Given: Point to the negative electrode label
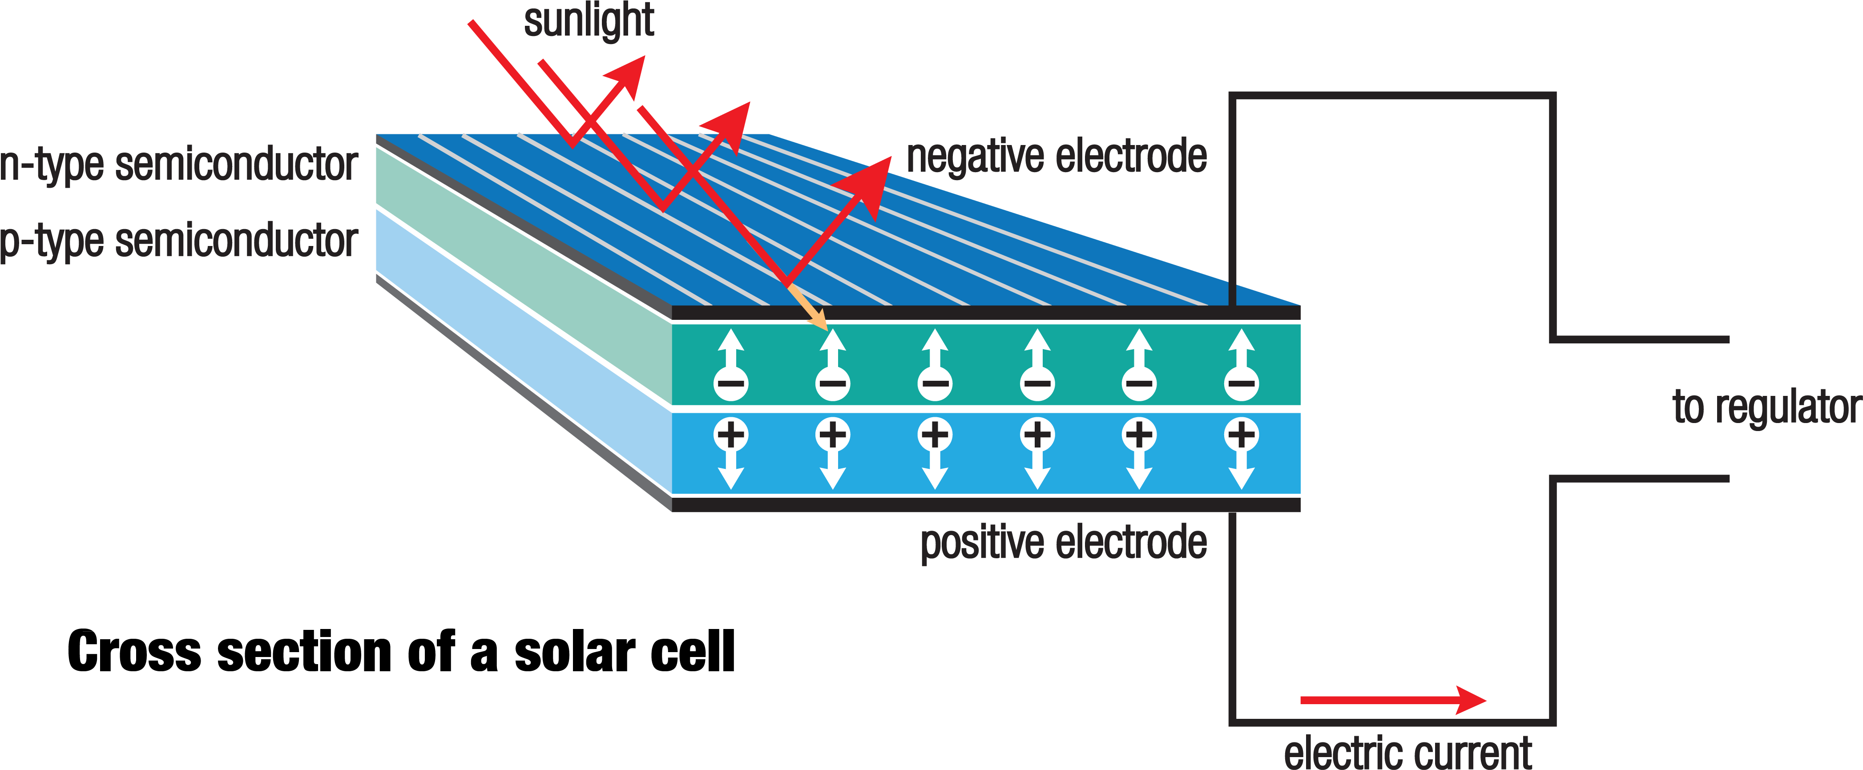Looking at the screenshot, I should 1057,157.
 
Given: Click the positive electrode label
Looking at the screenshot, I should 1063,543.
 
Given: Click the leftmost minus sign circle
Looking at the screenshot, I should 730,383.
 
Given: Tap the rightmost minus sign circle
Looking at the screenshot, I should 1241,383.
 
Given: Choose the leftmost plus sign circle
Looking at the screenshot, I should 730,435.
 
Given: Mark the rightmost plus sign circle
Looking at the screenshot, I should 1241,435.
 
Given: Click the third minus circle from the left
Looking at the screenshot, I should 935,383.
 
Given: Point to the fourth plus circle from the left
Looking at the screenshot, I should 1037,435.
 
